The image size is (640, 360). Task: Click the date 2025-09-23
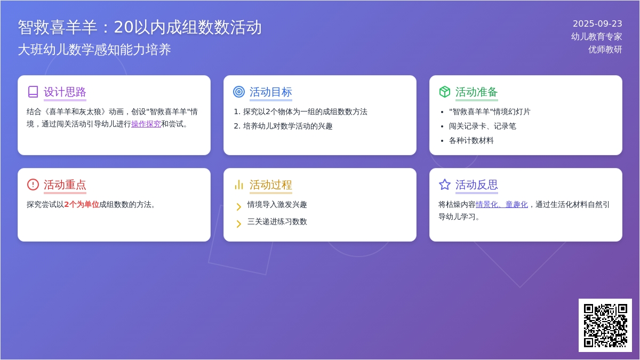click(x=597, y=23)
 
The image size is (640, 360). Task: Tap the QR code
click(x=605, y=325)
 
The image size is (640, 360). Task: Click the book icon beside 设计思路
click(x=33, y=92)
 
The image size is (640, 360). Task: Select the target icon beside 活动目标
click(x=239, y=92)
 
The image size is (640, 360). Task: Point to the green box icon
click(x=445, y=92)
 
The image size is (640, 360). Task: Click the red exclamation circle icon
click(x=33, y=185)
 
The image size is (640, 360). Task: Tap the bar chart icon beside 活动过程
click(x=239, y=185)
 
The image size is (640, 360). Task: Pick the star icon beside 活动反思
click(x=445, y=185)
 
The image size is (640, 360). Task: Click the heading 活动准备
click(x=477, y=92)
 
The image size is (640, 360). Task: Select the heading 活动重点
click(x=65, y=185)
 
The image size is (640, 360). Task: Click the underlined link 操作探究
click(x=146, y=124)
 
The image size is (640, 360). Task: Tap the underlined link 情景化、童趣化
click(x=502, y=205)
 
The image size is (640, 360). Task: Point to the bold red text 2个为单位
click(x=82, y=205)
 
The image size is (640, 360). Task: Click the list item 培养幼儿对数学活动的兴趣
click(x=287, y=126)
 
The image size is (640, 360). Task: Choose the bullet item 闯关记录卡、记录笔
click(x=483, y=126)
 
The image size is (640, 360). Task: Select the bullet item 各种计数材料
click(x=471, y=141)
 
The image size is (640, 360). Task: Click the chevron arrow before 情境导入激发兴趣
click(x=239, y=206)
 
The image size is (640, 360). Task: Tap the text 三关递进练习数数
click(x=277, y=222)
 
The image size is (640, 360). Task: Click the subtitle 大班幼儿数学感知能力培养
click(x=94, y=50)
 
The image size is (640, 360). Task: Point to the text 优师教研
click(x=605, y=50)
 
